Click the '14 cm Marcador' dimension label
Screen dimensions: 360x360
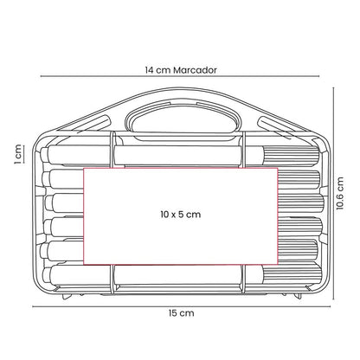click(181, 70)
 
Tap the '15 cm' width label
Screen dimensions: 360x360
click(182, 313)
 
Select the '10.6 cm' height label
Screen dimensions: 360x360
click(340, 193)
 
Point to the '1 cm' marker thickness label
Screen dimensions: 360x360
click(17, 154)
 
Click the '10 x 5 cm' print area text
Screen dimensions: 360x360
click(181, 215)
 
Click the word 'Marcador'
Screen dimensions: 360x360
click(195, 70)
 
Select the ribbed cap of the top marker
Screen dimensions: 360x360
click(291, 156)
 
